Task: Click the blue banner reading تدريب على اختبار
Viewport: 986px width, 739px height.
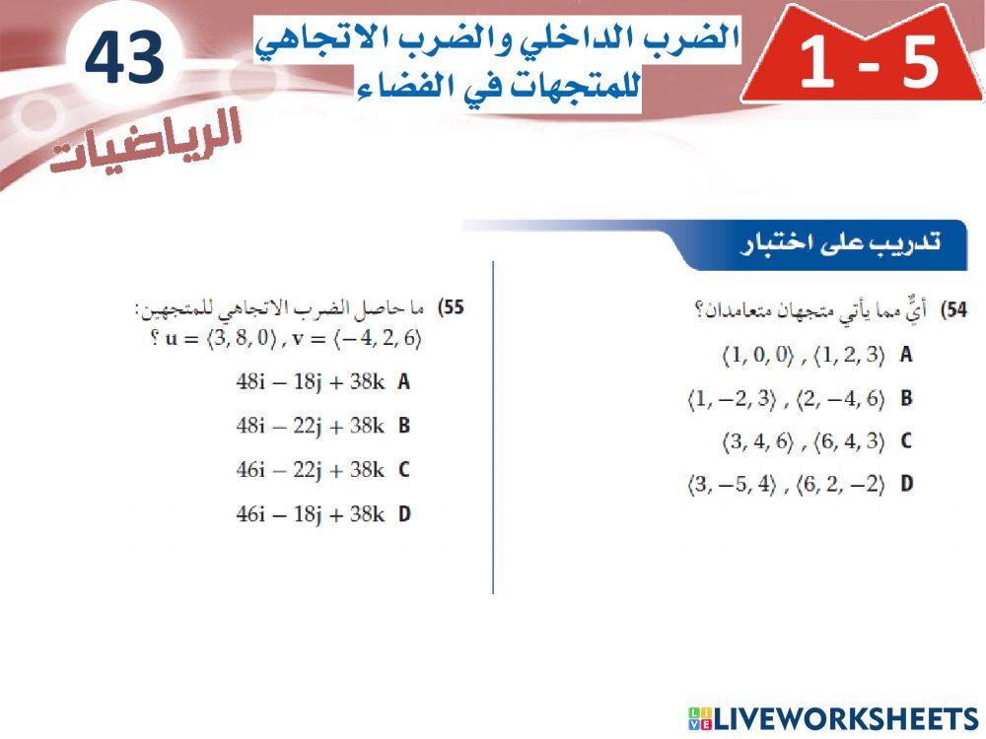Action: point(838,244)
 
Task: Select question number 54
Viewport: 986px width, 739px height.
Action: point(954,310)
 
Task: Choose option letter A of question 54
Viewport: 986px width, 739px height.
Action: point(905,356)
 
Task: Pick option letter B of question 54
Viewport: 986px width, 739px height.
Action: point(905,399)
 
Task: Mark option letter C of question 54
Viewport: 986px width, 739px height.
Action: point(905,441)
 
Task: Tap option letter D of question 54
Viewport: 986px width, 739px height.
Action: point(905,485)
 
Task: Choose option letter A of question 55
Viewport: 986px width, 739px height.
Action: point(403,382)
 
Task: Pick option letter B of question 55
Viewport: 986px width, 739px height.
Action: point(403,426)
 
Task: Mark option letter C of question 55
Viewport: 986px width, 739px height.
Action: point(403,470)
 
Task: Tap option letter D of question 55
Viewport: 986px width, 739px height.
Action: point(403,513)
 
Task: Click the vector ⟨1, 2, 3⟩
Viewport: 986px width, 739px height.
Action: point(849,356)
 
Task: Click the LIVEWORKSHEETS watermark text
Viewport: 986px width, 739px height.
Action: point(844,717)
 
